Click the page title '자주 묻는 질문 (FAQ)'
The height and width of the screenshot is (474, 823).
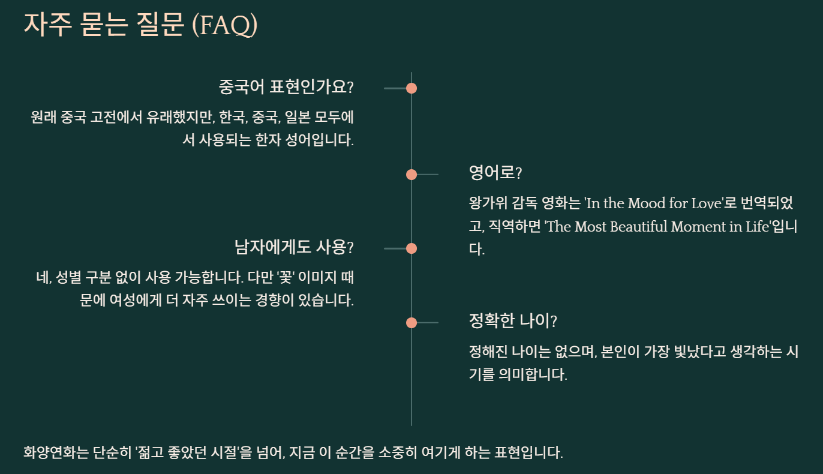click(140, 25)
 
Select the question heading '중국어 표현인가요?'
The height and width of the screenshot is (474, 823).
click(286, 88)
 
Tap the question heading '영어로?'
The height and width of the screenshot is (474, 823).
click(495, 173)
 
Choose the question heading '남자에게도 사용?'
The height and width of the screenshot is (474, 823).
click(294, 247)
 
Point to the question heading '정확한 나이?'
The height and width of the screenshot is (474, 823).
click(513, 322)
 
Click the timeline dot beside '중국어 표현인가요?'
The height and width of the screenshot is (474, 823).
click(411, 88)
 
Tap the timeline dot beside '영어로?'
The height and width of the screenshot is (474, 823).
click(411, 175)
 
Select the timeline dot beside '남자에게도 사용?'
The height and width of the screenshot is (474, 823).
click(411, 248)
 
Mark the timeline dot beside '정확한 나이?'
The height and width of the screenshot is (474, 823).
click(411, 323)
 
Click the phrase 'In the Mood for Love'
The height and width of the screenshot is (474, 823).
click(653, 203)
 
